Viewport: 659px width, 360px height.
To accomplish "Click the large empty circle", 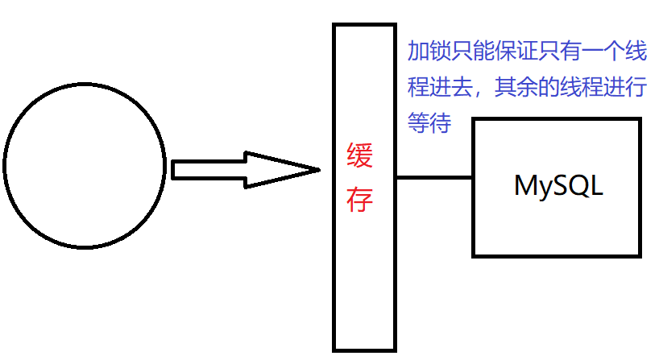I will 85,166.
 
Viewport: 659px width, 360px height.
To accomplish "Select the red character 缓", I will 359,155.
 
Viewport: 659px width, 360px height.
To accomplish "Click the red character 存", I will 359,199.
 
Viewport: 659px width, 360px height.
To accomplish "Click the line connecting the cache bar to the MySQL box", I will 433,176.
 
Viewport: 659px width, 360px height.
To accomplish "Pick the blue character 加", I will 418,52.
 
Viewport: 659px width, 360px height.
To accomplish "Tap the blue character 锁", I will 440,52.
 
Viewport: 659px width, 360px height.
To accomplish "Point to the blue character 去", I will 462,87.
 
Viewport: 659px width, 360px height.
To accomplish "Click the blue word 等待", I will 429,122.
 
